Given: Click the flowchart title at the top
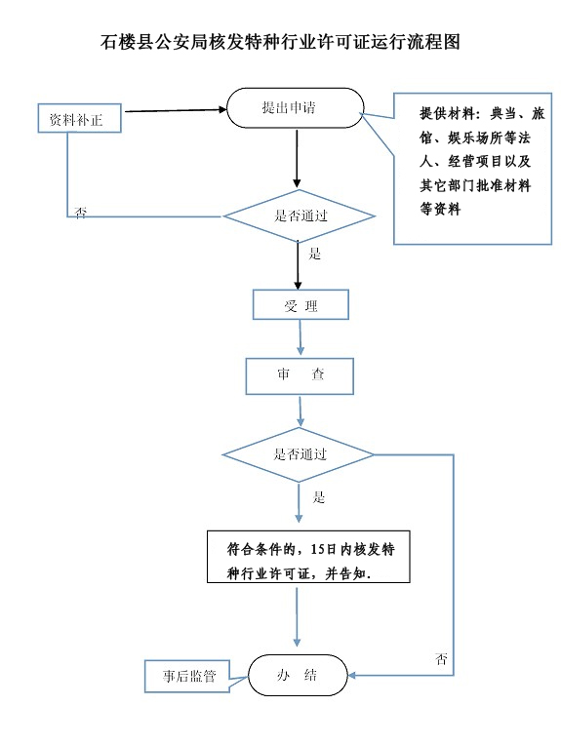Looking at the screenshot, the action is click(281, 42).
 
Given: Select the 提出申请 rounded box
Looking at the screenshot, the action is click(296, 108).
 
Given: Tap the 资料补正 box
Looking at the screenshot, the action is click(79, 118).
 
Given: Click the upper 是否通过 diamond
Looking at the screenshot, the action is click(300, 216).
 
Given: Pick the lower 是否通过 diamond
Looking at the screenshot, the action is click(299, 454).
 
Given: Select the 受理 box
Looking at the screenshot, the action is click(301, 304).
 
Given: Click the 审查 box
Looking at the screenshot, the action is click(300, 376).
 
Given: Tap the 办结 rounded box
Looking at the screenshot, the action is click(299, 675).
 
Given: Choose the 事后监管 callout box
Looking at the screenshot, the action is click(187, 676).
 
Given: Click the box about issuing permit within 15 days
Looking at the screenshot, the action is click(308, 557).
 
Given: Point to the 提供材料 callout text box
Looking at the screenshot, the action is click(472, 169).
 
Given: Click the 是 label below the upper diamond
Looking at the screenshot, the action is click(315, 254).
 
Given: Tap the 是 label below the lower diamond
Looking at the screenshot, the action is click(318, 497).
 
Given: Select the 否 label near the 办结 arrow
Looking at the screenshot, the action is click(442, 659).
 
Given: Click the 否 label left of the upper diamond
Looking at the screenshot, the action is click(81, 213).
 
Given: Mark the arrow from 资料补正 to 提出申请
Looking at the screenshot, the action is click(176, 110).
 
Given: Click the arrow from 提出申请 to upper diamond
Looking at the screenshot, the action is click(297, 159).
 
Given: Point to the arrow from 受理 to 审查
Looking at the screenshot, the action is click(300, 337).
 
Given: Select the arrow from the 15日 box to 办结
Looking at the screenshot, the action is click(298, 617).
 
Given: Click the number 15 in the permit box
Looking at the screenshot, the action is click(317, 550).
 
